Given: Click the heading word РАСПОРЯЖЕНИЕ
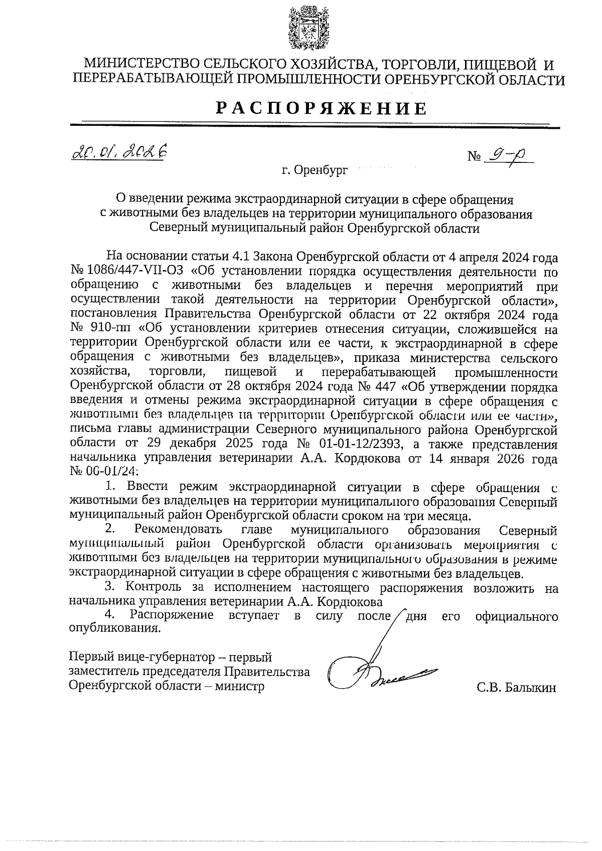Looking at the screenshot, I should tap(322, 108).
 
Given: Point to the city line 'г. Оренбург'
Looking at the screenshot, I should tap(314, 170).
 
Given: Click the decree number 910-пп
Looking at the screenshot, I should tap(110, 329).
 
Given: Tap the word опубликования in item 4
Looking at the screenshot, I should tap(115, 628).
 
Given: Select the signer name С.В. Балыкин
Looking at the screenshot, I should tap(517, 688).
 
